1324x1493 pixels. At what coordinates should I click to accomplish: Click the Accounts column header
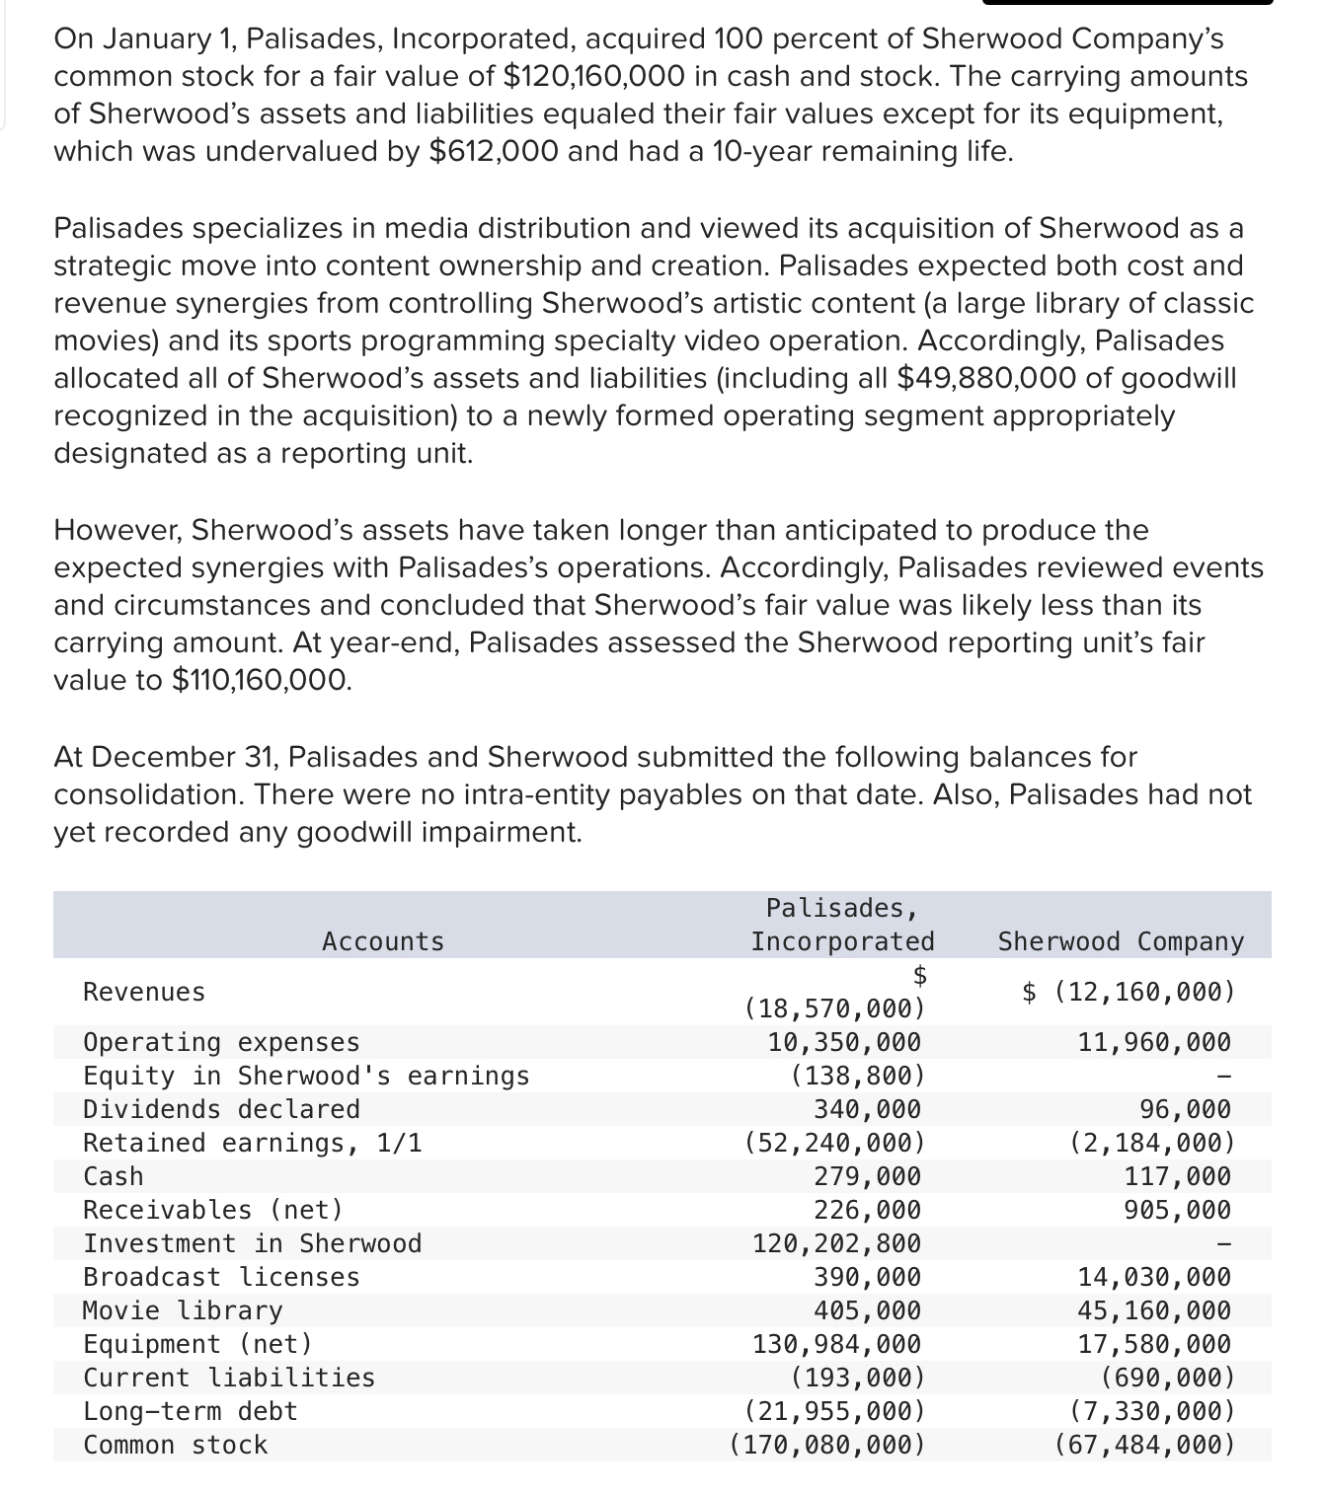pyautogui.click(x=383, y=941)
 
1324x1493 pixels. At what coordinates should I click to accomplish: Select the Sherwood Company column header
pyautogui.click(x=1121, y=941)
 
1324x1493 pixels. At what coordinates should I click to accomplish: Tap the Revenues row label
pyautogui.click(x=144, y=992)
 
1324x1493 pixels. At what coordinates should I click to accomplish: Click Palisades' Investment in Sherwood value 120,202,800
pyautogui.click(x=836, y=1243)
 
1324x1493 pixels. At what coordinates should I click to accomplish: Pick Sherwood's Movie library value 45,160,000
pyautogui.click(x=1153, y=1310)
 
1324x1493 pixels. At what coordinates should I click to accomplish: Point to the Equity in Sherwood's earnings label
pyautogui.click(x=306, y=1076)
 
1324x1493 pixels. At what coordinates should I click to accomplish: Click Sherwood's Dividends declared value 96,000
pyautogui.click(x=1185, y=1109)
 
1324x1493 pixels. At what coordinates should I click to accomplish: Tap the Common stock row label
pyautogui.click(x=175, y=1445)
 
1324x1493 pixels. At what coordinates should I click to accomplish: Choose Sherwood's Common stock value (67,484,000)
pyautogui.click(x=1144, y=1445)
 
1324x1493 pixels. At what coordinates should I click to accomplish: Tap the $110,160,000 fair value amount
pyautogui.click(x=261, y=680)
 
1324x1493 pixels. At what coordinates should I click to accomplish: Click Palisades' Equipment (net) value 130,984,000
pyautogui.click(x=836, y=1344)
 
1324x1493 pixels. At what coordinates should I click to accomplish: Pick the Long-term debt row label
pyautogui.click(x=191, y=1411)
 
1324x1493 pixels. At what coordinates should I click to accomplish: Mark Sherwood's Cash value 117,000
pyautogui.click(x=1177, y=1176)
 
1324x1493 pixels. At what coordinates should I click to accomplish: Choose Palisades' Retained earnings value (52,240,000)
pyautogui.click(x=834, y=1143)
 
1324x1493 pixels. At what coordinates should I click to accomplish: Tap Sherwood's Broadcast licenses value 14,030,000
pyautogui.click(x=1153, y=1277)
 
